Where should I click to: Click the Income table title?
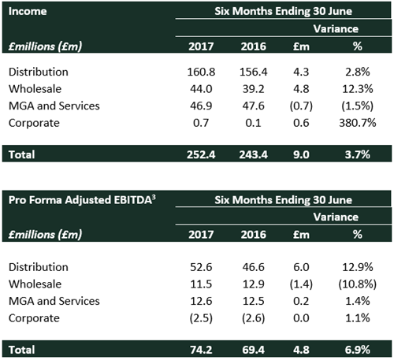(x=28, y=11)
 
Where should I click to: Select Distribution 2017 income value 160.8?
(x=201, y=72)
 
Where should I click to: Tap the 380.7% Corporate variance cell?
(x=358, y=123)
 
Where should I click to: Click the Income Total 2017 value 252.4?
(x=201, y=154)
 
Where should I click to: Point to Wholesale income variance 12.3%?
(x=358, y=89)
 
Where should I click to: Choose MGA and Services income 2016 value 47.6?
(x=254, y=106)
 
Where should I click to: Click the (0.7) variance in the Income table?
(x=301, y=106)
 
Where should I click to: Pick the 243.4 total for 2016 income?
(x=254, y=154)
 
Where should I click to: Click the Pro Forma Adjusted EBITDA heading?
(x=82, y=200)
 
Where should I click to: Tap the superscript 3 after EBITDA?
(x=154, y=197)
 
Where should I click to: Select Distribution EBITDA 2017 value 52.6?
(x=201, y=267)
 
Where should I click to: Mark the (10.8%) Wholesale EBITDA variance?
(x=358, y=284)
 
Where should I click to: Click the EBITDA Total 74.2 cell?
(x=201, y=350)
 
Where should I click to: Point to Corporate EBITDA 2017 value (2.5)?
(x=201, y=318)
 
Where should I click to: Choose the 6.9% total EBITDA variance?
(x=358, y=350)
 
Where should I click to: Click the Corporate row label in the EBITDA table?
(x=34, y=318)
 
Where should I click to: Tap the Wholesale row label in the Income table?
(x=35, y=89)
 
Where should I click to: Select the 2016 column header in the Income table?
(x=254, y=46)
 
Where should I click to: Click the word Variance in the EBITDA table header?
(x=336, y=217)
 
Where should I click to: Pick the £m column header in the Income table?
(x=301, y=46)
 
